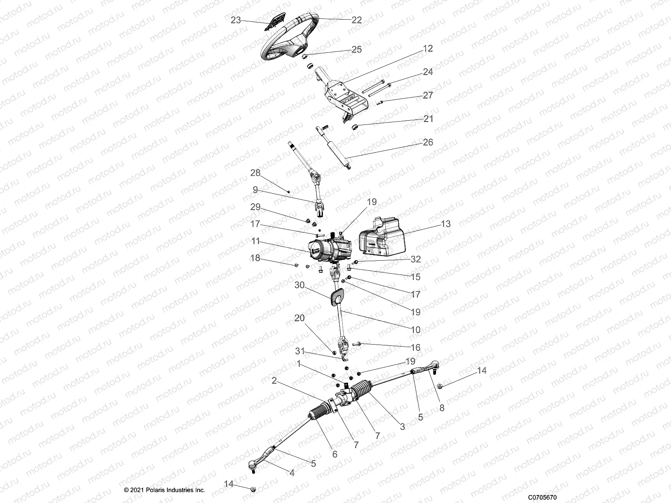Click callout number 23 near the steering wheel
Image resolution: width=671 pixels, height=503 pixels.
(x=236, y=20)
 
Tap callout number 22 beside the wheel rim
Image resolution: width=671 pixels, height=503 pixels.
(x=356, y=20)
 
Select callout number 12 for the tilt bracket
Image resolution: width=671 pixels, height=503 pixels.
(x=427, y=49)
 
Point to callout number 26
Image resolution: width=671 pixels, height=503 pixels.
(x=428, y=142)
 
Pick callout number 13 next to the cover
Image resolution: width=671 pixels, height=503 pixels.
(x=446, y=224)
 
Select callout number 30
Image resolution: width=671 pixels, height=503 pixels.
(x=299, y=285)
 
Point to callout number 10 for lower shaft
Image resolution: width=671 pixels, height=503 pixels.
(x=415, y=330)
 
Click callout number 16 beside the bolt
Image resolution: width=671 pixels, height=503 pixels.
(x=415, y=347)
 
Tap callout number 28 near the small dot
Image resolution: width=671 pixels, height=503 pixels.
(x=255, y=173)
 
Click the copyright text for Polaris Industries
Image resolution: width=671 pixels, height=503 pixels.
(x=164, y=490)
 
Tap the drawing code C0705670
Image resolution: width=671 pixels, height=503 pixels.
(x=542, y=497)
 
